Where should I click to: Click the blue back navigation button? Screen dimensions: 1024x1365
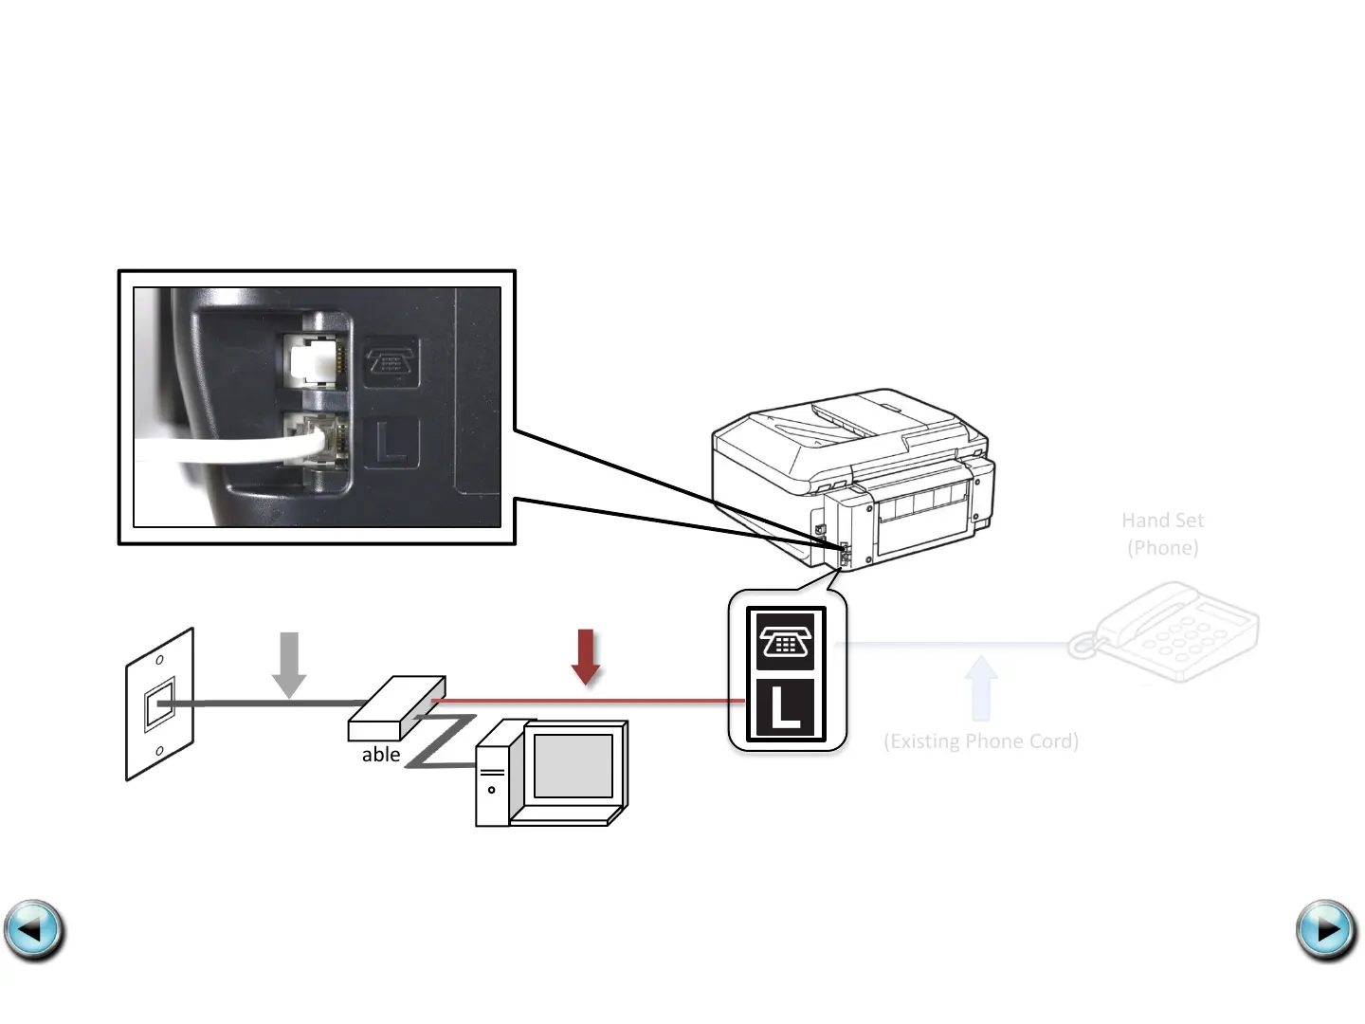[34, 930]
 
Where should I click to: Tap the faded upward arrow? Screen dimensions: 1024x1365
[980, 688]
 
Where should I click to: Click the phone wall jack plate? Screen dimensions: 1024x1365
[159, 704]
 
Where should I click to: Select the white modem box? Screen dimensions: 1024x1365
[396, 707]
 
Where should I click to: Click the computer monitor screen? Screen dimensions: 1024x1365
[573, 764]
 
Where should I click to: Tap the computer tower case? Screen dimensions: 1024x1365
[492, 777]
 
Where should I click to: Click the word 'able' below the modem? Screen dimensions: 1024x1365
[381, 755]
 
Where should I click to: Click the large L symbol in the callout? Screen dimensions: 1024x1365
[785, 708]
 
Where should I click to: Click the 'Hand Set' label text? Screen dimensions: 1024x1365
[1162, 521]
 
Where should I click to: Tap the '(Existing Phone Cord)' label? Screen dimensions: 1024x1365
[981, 741]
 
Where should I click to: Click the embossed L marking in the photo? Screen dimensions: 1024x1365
[391, 442]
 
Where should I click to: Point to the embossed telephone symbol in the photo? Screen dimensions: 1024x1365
[391, 361]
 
